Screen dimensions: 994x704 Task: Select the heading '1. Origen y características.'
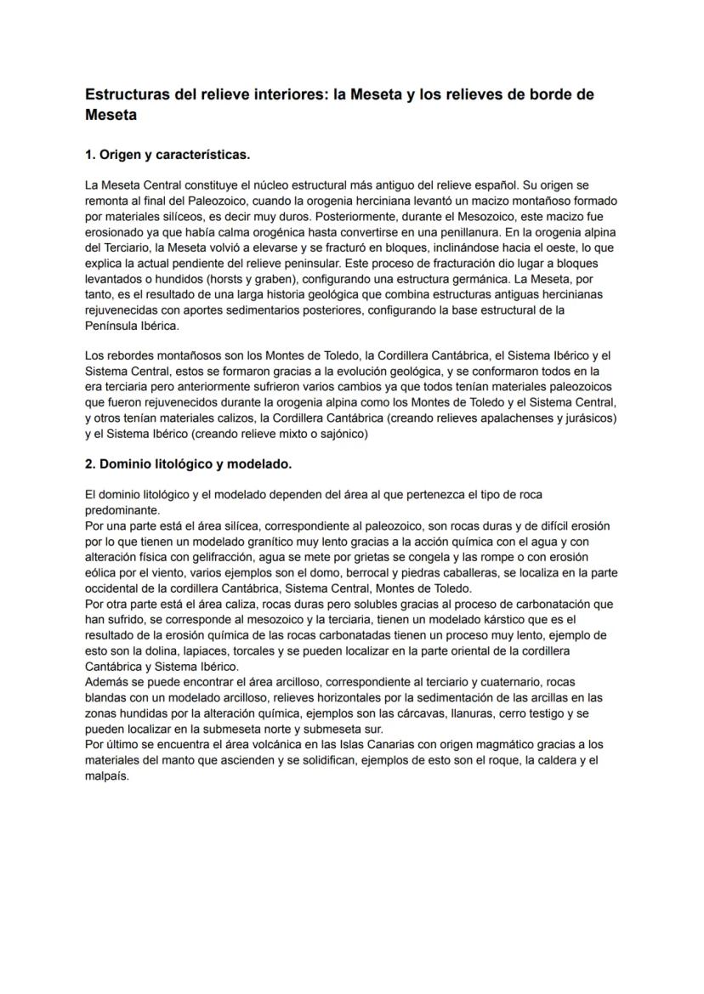click(x=167, y=156)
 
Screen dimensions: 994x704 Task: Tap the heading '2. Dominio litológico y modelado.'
click(x=188, y=464)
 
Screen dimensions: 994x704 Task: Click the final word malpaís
click(x=107, y=775)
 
